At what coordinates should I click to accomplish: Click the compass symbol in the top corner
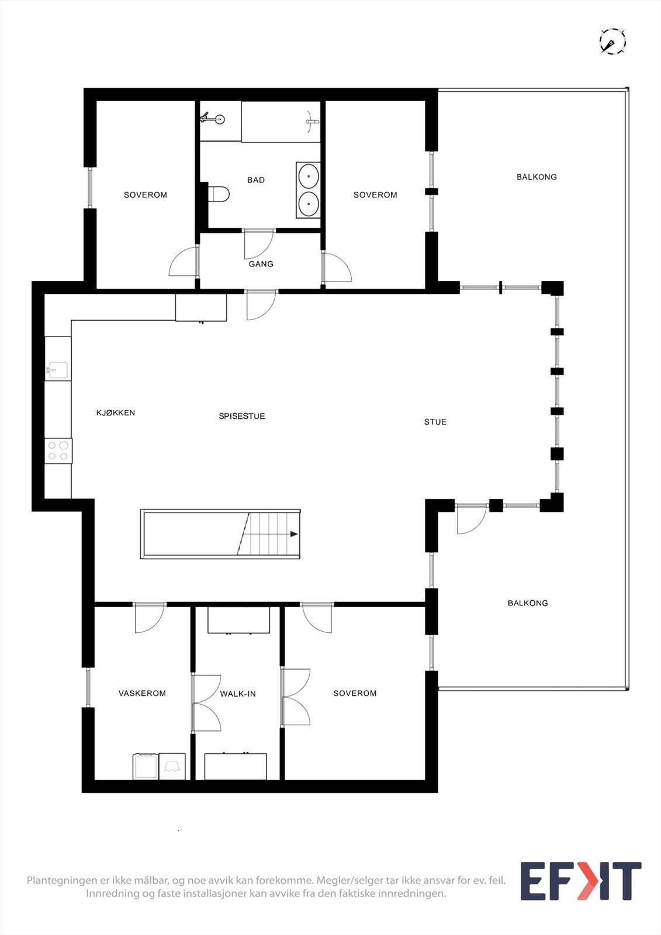(x=612, y=42)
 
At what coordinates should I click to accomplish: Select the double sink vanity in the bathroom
(x=308, y=190)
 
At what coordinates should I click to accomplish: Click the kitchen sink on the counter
(x=57, y=370)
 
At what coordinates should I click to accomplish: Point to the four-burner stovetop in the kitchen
(x=58, y=451)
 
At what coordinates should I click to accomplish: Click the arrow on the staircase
(x=293, y=534)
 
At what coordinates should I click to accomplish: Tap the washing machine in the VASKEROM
(x=146, y=767)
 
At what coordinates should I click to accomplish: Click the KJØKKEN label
(x=116, y=413)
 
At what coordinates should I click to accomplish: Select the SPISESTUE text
(x=242, y=416)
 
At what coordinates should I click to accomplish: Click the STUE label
(x=435, y=422)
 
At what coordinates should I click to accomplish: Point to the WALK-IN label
(x=238, y=694)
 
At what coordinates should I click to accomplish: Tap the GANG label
(x=261, y=264)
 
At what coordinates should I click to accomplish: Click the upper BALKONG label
(x=537, y=176)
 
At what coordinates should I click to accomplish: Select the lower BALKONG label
(x=528, y=603)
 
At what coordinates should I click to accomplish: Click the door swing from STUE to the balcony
(x=470, y=520)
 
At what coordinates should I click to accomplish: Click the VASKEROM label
(x=142, y=693)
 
